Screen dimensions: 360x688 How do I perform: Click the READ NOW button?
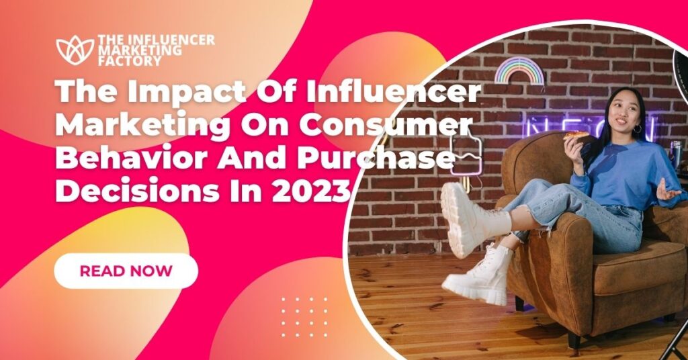point(126,271)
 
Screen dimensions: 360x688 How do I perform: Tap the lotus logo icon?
point(75,50)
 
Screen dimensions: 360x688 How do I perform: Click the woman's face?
point(622,111)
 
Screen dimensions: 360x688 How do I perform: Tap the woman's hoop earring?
point(637,128)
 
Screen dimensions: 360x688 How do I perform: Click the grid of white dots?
point(304,316)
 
